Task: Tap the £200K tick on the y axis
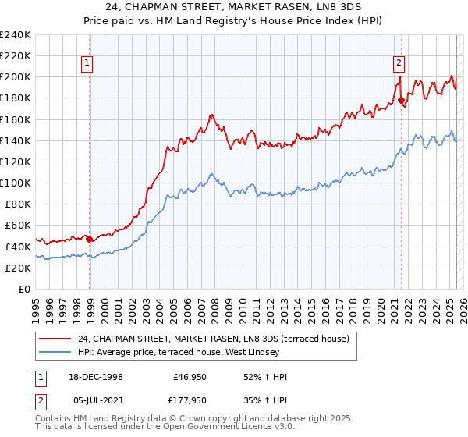16,77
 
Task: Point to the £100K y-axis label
16,183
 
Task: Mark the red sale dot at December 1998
90,239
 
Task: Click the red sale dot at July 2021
401,100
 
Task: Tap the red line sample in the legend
55,338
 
